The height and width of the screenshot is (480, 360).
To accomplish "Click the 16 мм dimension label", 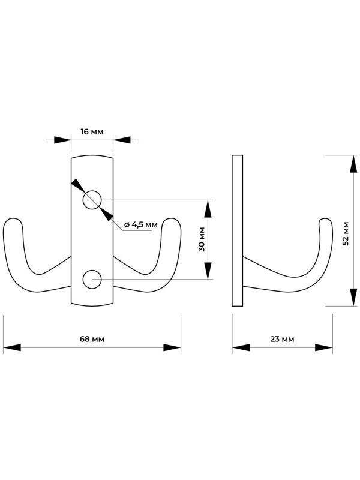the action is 92,131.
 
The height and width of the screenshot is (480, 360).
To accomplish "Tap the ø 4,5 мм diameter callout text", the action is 141,224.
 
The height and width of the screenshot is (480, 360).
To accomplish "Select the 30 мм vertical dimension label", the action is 202,239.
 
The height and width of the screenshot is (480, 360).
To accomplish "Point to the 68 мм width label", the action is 92,339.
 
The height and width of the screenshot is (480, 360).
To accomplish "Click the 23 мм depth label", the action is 282,339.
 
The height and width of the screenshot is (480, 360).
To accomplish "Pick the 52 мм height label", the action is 346,233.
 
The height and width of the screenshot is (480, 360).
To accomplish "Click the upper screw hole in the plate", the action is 92,200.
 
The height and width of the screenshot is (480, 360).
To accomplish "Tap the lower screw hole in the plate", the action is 92,279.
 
